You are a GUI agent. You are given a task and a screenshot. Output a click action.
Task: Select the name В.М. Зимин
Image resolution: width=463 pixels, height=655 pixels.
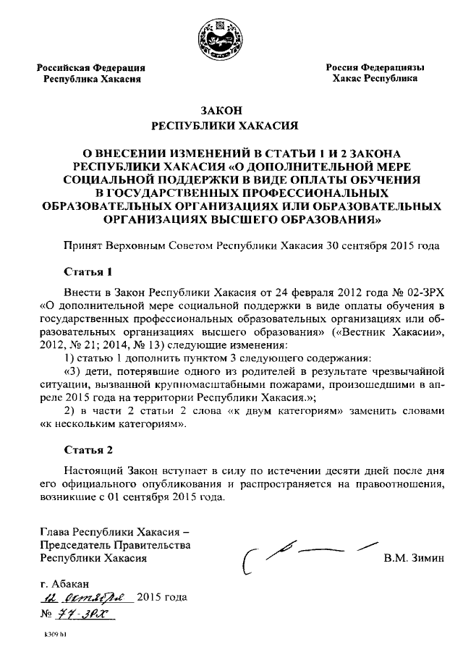[x=409, y=558]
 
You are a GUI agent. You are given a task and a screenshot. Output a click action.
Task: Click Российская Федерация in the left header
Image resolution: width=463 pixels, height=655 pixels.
[x=90, y=67]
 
